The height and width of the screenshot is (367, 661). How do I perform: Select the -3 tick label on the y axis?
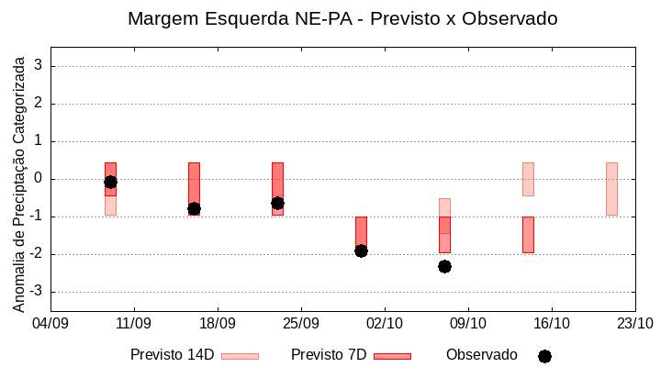click(36, 292)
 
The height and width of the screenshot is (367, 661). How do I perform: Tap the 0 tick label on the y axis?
click(39, 179)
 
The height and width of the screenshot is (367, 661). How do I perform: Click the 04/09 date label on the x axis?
click(50, 323)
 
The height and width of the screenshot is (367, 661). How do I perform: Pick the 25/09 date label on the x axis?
click(301, 323)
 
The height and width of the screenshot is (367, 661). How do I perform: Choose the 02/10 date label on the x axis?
click(385, 323)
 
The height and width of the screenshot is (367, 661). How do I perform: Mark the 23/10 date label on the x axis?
click(634, 323)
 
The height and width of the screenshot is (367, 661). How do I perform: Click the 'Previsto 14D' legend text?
click(172, 355)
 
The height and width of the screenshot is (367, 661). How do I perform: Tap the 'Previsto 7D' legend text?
click(329, 355)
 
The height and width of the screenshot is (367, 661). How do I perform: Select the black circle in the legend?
click(544, 356)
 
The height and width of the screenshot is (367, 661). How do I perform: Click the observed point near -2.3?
click(444, 266)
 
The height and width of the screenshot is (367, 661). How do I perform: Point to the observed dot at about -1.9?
click(361, 250)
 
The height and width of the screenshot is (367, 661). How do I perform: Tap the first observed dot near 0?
click(110, 182)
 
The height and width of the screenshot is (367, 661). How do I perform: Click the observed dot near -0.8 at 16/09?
click(194, 209)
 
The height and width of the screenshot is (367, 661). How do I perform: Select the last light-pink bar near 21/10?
click(611, 188)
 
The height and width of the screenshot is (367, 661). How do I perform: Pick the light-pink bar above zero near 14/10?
click(528, 179)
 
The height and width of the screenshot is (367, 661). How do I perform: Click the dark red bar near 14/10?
click(528, 234)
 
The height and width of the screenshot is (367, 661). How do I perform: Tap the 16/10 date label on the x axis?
click(551, 323)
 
